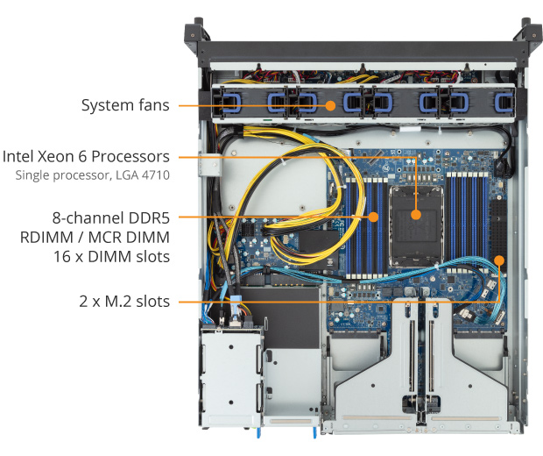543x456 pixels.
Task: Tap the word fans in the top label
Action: [x=155, y=105]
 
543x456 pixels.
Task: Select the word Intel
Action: [x=19, y=157]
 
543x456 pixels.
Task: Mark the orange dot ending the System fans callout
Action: [x=330, y=105]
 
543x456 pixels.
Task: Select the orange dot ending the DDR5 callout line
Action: [x=373, y=216]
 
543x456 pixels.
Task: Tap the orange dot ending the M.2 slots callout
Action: [x=499, y=260]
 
